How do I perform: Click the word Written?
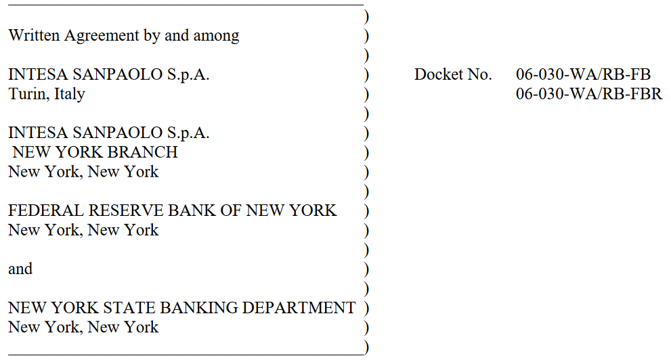[34, 35]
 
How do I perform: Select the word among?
[216, 36]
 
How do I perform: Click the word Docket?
[438, 74]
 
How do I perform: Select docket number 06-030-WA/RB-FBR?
[589, 94]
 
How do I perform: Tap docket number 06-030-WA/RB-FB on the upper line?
[583, 74]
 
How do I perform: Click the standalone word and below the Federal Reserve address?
[20, 269]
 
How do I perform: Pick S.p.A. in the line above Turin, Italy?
[188, 75]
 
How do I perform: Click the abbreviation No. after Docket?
[479, 74]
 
